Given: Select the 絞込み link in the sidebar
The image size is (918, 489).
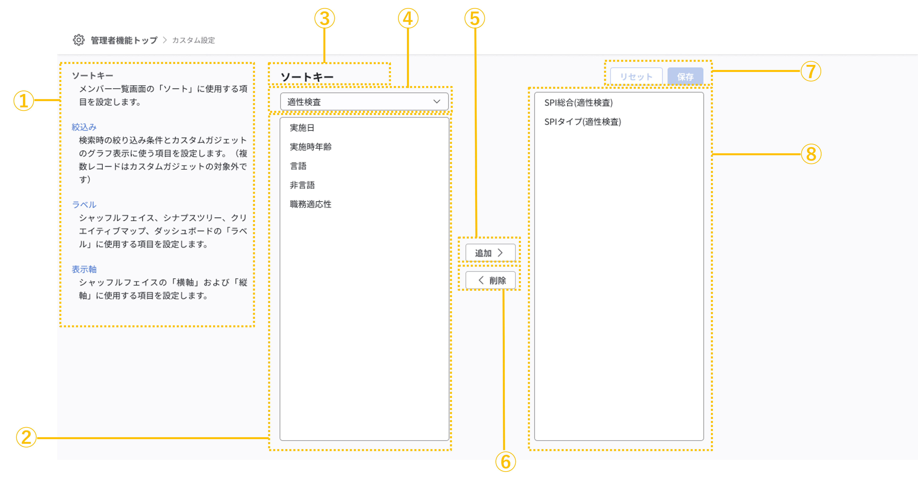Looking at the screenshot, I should tap(84, 127).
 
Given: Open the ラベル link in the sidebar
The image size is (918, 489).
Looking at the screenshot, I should tap(84, 205).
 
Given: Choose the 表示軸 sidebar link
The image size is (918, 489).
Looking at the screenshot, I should tap(84, 269).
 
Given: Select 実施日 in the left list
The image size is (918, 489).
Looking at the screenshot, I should tap(302, 128).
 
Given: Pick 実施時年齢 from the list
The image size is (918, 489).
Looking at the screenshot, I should tap(310, 147).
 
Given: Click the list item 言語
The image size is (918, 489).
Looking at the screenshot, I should tap(298, 166).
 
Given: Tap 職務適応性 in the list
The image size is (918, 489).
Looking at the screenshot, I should tap(310, 204).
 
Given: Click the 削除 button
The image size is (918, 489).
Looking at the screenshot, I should tap(490, 281).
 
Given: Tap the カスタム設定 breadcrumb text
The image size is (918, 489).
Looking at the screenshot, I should tap(194, 40).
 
